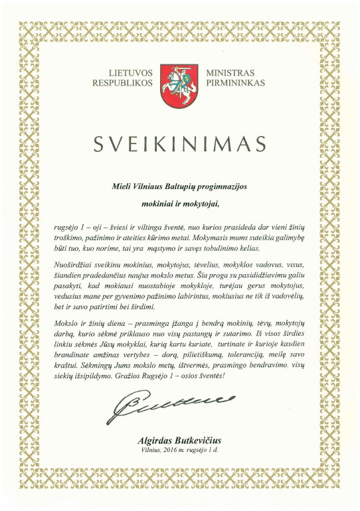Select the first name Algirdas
pos(155,440)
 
